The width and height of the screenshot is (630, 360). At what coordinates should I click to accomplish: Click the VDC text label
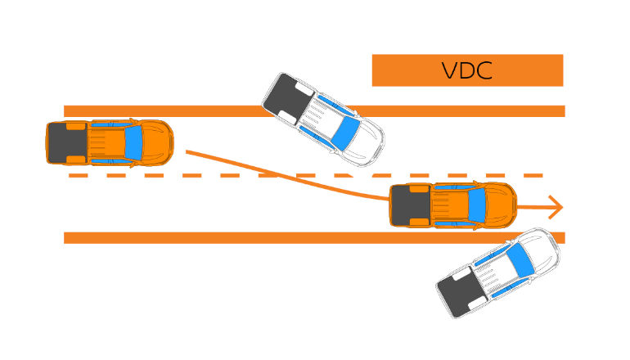point(466,70)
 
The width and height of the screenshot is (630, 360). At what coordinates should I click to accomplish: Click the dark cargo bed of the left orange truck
point(65,142)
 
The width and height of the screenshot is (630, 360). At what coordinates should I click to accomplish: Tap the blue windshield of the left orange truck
point(134,142)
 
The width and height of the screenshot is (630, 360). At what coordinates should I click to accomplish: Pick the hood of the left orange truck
point(157,142)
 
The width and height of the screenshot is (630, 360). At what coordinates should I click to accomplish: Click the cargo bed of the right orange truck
point(410,205)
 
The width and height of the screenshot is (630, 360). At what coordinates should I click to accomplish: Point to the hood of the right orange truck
point(501,205)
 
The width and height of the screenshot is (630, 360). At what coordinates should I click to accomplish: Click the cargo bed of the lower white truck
point(458,292)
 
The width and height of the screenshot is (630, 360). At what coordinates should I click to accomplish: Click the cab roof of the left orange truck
point(106,142)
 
